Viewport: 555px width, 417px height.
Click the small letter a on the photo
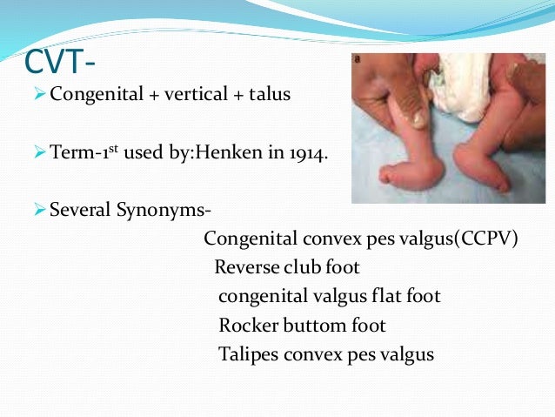359,61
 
